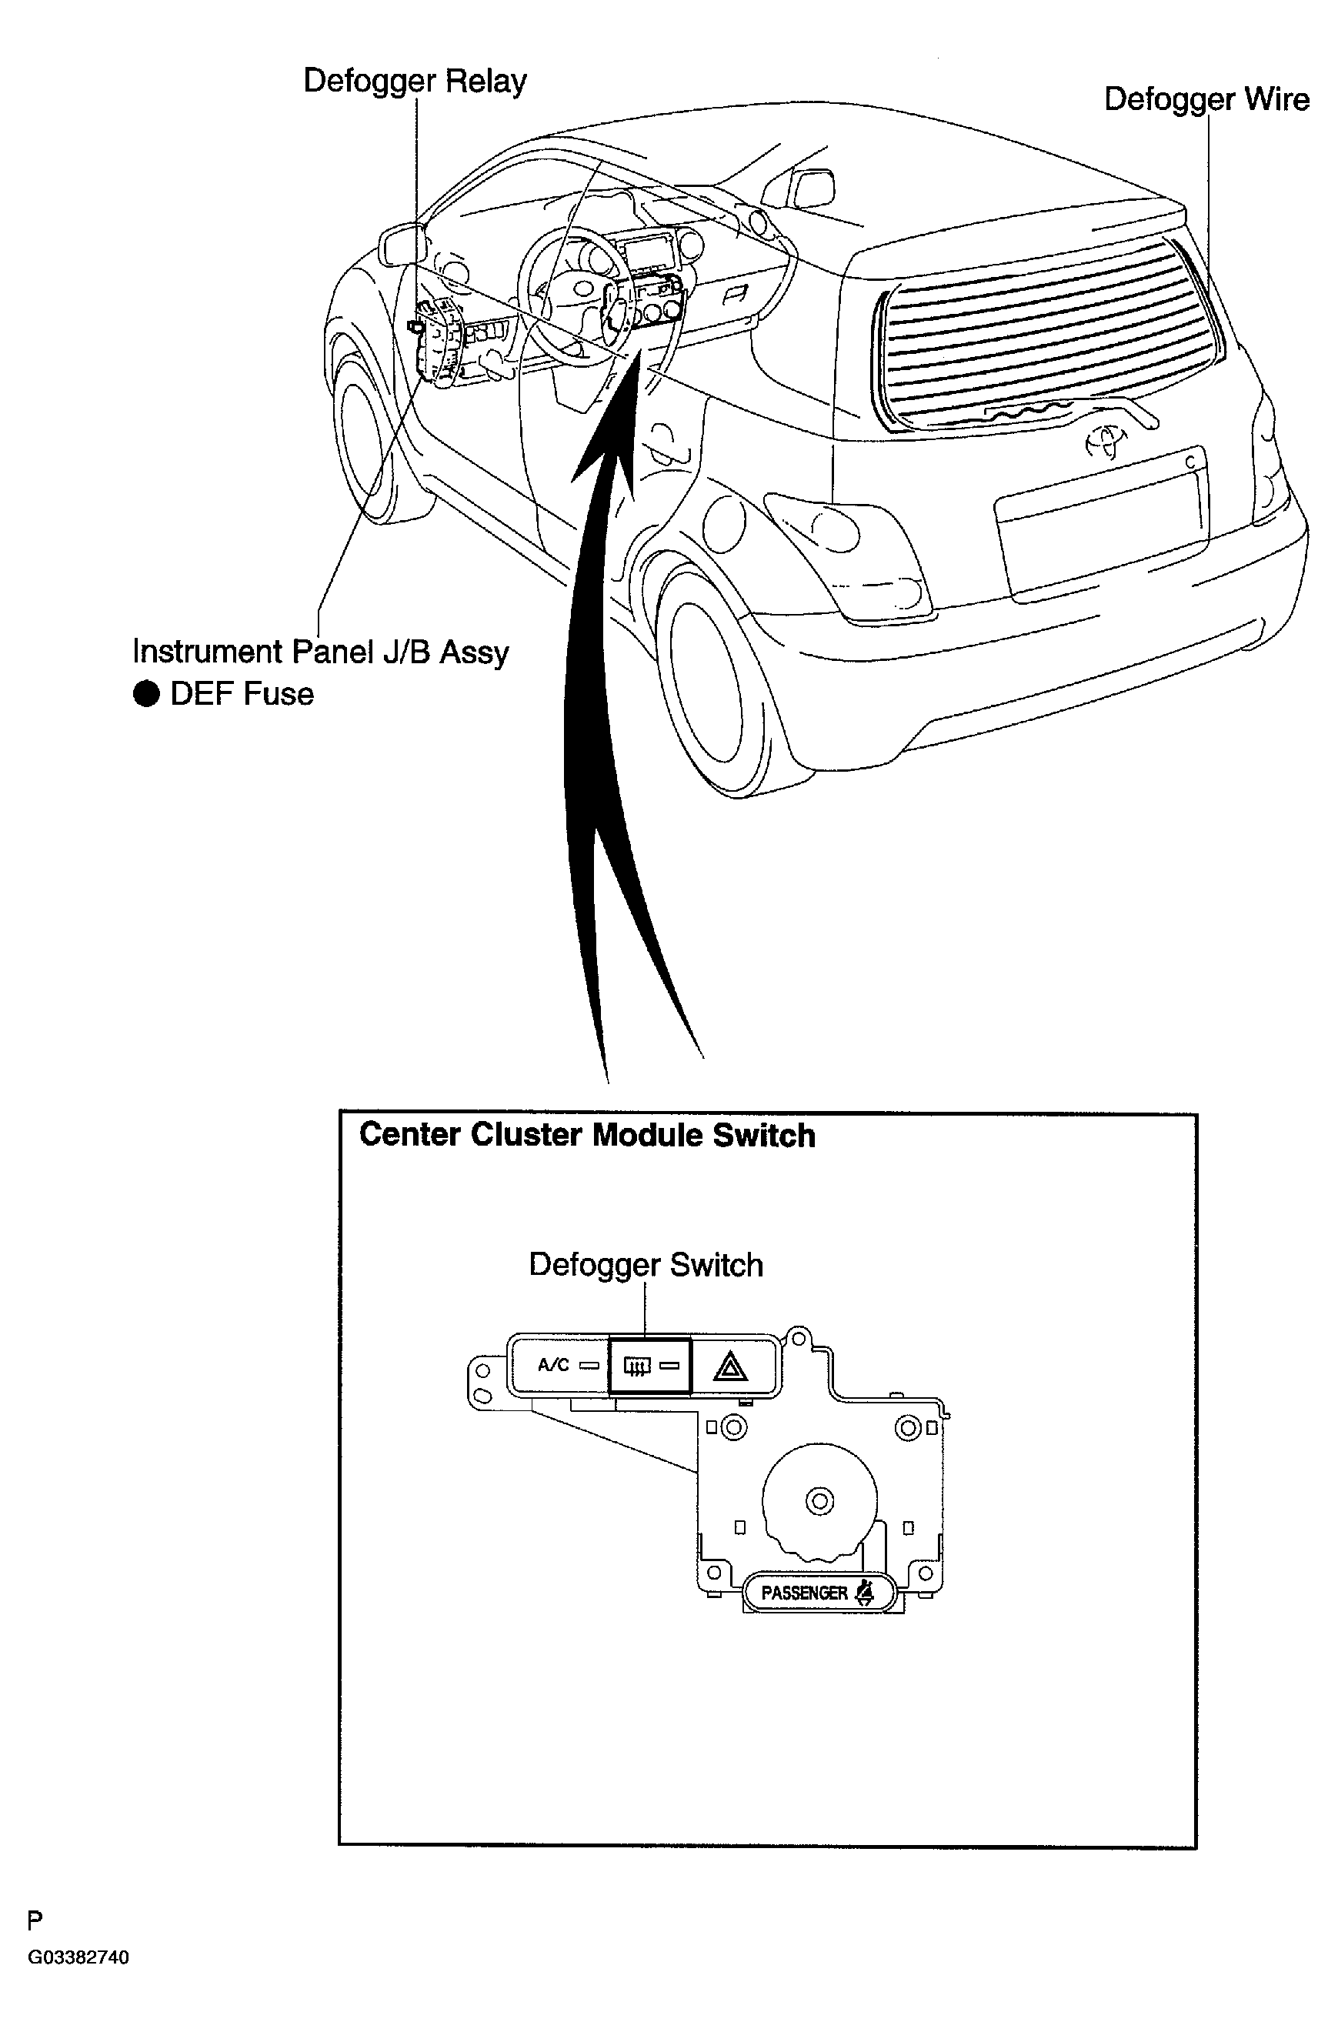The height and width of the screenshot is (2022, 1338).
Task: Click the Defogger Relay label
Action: tap(415, 82)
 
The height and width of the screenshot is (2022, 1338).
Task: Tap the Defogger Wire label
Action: tap(1206, 100)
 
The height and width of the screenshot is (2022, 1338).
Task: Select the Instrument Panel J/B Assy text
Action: tap(321, 652)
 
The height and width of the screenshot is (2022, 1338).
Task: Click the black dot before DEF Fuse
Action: tap(147, 695)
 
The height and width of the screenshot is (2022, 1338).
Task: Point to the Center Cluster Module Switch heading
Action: tap(587, 1135)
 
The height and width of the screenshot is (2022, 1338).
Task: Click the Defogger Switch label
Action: tap(646, 1264)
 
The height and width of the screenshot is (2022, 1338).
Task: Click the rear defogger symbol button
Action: tap(650, 1366)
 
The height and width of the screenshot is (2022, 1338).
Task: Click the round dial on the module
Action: tap(819, 1500)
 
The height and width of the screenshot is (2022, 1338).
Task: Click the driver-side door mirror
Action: tap(402, 244)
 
